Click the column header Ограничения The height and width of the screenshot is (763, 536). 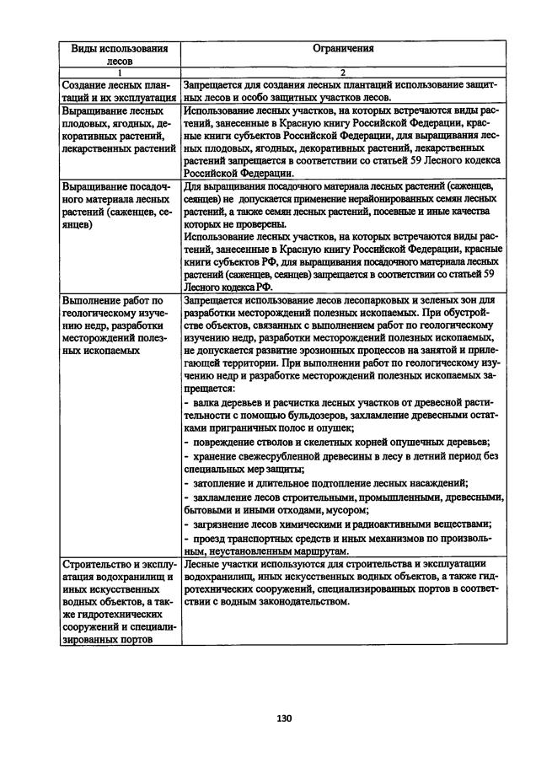tap(342, 48)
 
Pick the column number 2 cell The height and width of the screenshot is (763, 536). tap(342, 73)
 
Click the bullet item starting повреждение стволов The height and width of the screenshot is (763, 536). tap(337, 443)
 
